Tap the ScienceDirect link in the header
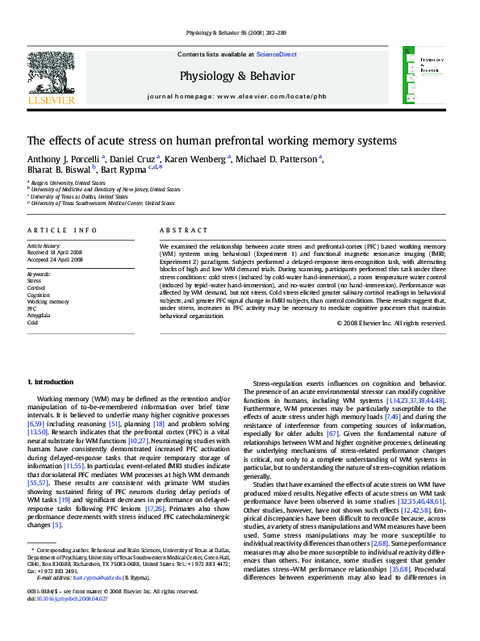[276, 54]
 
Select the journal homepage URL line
[236, 96]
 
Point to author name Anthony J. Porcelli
[63, 158]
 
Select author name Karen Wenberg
[198, 158]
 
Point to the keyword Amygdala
[40, 315]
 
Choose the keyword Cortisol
[36, 287]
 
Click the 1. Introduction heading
[50, 382]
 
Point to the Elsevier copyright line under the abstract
[390, 323]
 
